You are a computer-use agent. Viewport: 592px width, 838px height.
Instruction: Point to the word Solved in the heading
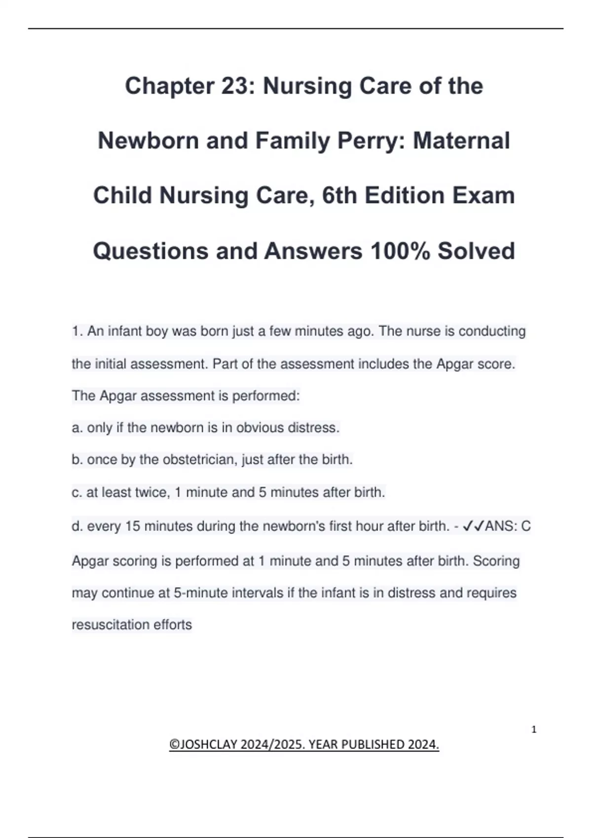point(476,251)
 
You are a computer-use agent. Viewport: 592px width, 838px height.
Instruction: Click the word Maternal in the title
point(461,141)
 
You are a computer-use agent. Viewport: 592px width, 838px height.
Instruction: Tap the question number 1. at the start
point(77,331)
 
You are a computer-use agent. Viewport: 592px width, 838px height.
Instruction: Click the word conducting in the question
point(492,331)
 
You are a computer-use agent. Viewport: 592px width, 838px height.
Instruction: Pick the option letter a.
point(77,428)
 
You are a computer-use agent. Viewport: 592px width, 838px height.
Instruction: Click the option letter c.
point(76,492)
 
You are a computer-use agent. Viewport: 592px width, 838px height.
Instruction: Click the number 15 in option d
point(133,526)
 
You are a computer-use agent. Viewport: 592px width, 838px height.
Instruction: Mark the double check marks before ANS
point(474,526)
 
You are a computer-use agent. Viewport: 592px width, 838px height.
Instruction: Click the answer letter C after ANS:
point(526,526)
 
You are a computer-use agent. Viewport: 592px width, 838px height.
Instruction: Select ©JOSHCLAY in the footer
point(203,744)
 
